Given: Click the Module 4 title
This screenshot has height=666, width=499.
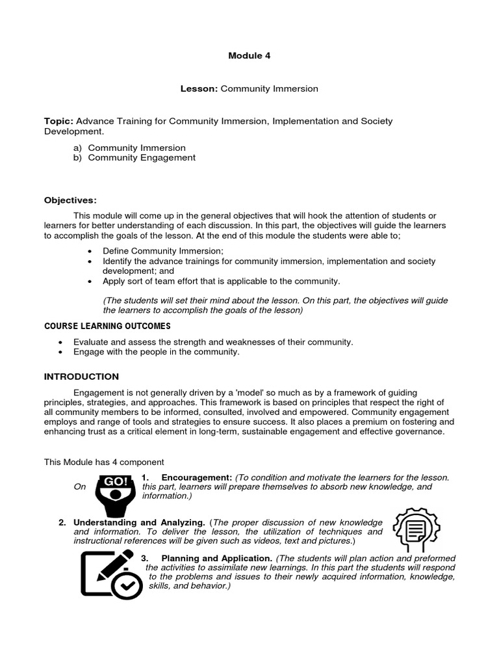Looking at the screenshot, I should click(249, 55).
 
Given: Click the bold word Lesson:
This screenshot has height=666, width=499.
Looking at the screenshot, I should click(199, 88).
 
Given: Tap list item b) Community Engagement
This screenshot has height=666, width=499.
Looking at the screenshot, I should click(134, 157).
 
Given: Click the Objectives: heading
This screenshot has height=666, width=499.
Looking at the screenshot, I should click(70, 200).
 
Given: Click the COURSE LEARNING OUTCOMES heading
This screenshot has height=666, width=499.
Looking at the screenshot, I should click(107, 325).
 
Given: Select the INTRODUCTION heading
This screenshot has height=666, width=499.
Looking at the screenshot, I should click(81, 376).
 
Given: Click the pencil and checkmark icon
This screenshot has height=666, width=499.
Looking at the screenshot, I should click(110, 574).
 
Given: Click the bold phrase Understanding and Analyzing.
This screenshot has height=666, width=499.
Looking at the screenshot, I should click(139, 522).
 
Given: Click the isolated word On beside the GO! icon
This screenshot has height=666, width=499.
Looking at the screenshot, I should click(79, 486).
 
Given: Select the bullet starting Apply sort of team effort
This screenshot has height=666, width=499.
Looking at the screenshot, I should click(221, 281).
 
